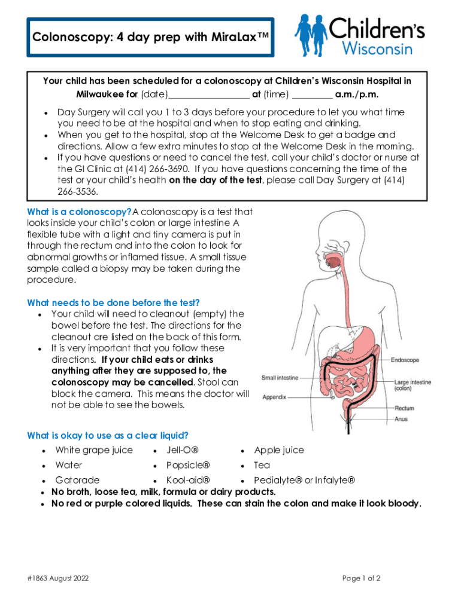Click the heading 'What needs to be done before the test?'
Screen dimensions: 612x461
tap(114, 302)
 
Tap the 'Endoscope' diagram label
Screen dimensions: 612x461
tap(405, 360)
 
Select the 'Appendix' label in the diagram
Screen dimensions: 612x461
tap(275, 397)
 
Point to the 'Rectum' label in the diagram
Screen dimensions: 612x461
tap(404, 408)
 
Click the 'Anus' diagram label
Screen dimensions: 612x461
tap(401, 419)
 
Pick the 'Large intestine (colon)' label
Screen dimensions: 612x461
tap(412, 385)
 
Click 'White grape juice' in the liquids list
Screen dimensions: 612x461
tap(94, 450)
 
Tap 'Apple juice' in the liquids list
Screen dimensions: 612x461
tap(279, 450)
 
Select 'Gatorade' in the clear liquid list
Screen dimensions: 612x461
tap(78, 480)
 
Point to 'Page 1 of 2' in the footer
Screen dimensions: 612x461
tap(361, 579)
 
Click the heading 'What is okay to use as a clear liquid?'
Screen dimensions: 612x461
tap(112, 435)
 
